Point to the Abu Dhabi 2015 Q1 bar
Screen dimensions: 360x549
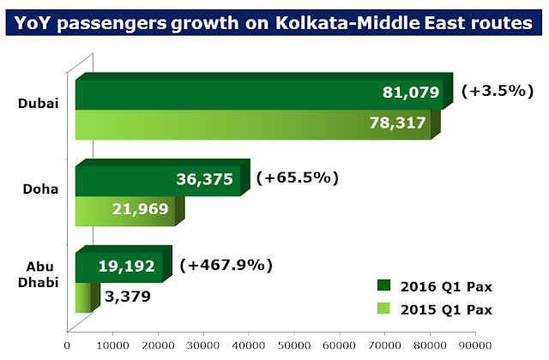pyautogui.click(x=83, y=298)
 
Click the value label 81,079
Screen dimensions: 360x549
pyautogui.click(x=411, y=93)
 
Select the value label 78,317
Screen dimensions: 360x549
pyautogui.click(x=399, y=123)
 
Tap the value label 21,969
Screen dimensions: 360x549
pyautogui.click(x=141, y=210)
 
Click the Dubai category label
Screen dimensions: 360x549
pyautogui.click(x=39, y=104)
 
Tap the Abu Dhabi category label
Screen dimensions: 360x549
pyautogui.click(x=39, y=273)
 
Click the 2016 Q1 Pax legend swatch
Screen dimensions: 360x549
pyautogui.click(x=383, y=285)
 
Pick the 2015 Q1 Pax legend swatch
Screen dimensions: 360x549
pyautogui.click(x=383, y=309)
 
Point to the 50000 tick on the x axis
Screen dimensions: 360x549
pyautogui.click(x=293, y=346)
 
